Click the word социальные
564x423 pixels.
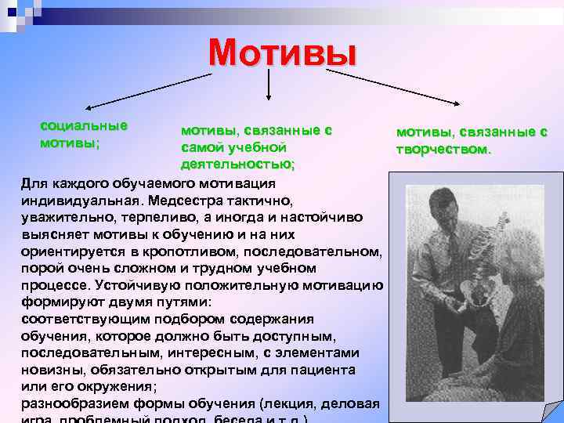(x=84, y=125)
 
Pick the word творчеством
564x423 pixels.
(x=444, y=148)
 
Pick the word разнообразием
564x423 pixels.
(x=70, y=404)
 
